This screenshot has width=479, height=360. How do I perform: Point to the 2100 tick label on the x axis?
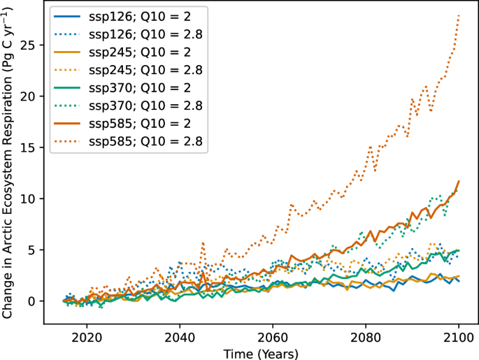tap(459, 335)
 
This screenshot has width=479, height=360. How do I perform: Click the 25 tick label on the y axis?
tap(29, 45)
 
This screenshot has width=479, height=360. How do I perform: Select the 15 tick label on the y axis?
tap(29, 147)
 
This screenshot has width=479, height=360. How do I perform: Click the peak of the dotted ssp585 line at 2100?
tap(459, 15)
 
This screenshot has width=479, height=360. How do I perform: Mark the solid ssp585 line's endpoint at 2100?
tap(459, 181)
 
